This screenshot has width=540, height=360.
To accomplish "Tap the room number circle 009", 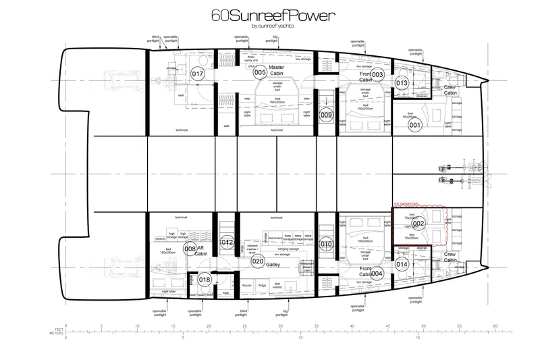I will (x=326, y=115).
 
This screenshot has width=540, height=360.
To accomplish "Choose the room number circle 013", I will (x=402, y=83).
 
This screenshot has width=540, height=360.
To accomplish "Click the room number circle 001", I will (x=415, y=124).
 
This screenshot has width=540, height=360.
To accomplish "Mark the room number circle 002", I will (x=418, y=223).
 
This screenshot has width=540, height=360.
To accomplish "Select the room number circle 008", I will (x=190, y=248).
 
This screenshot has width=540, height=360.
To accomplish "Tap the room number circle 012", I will (x=228, y=242).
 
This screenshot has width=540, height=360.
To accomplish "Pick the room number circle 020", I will (x=257, y=261).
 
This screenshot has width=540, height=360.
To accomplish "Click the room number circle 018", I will (x=205, y=280).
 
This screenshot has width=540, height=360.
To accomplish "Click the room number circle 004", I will (x=377, y=274).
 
